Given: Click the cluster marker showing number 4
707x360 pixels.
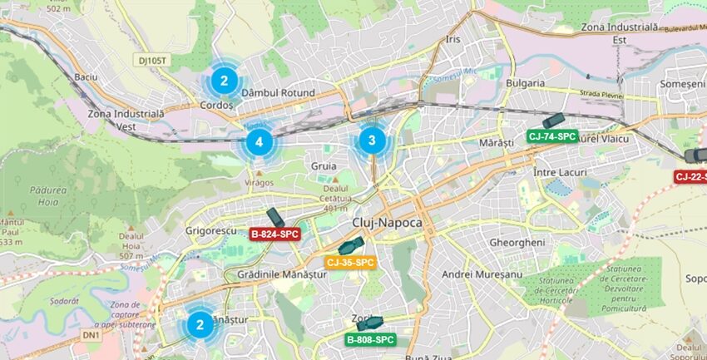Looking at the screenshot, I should pos(260,142).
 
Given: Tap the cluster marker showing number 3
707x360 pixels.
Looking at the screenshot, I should pos(372,141).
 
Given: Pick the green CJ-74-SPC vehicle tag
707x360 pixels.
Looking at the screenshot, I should pos(551,136).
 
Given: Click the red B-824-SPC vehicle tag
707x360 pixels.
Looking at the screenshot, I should pos(274,234).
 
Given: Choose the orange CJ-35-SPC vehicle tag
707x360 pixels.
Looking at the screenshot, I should pos(350,263).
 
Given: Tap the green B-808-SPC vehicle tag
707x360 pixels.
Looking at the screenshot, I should pos(370,339).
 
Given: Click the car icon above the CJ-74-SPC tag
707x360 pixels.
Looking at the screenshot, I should pos(552,121).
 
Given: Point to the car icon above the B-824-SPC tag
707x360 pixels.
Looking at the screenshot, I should pos(274,218).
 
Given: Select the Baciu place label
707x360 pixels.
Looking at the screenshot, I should pos(86,76).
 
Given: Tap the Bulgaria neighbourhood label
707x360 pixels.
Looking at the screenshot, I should pos(524,83).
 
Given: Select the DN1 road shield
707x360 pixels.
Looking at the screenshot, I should pos(91,335).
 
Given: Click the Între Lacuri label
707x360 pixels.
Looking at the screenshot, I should pos(559,171).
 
